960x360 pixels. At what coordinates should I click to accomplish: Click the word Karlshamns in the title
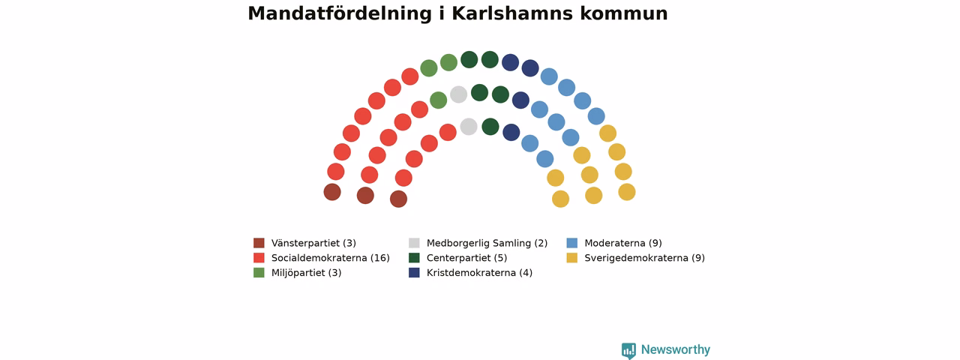coord(512,13)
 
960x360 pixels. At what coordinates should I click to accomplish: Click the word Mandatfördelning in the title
coord(340,14)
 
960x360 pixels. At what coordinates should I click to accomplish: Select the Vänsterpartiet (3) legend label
coord(313,243)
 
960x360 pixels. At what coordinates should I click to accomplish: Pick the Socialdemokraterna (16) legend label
coord(331,258)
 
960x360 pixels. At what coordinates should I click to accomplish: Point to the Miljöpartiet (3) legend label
coord(307,272)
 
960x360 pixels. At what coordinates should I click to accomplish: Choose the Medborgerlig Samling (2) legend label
coord(487,243)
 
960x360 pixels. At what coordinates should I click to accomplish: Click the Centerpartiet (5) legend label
coord(466,258)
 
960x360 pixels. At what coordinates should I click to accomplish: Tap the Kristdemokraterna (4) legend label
coord(479,272)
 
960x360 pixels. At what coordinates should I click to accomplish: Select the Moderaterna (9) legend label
coord(623,243)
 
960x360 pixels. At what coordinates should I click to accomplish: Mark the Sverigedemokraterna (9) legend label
coord(644,258)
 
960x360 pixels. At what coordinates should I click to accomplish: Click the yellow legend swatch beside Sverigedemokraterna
coord(571,257)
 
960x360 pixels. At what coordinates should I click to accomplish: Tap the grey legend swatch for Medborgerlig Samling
coord(414,243)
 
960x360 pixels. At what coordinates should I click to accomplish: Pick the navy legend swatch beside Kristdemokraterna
coord(414,272)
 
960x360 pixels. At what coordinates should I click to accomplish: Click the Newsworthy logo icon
coord(628,350)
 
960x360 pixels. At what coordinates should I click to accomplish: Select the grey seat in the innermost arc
coord(469,127)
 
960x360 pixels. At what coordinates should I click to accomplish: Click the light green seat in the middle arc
coord(439,100)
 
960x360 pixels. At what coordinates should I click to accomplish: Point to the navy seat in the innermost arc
coord(511,133)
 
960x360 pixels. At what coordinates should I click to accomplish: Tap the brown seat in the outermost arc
coord(332,192)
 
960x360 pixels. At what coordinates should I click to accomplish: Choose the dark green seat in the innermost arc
coord(490,127)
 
